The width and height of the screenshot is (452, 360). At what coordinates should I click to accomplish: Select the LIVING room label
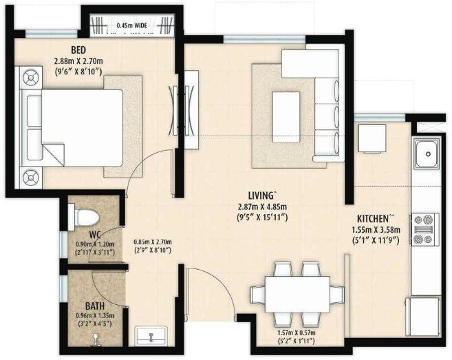(262, 195)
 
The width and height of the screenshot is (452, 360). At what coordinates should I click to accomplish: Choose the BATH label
(95, 306)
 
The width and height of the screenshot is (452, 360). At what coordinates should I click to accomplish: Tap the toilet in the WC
(85, 215)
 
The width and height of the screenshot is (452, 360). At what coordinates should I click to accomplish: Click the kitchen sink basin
(427, 150)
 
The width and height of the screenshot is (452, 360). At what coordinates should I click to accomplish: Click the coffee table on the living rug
(286, 110)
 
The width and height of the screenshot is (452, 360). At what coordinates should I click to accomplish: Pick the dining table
(297, 293)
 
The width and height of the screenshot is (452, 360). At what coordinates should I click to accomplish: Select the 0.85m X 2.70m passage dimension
(152, 242)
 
